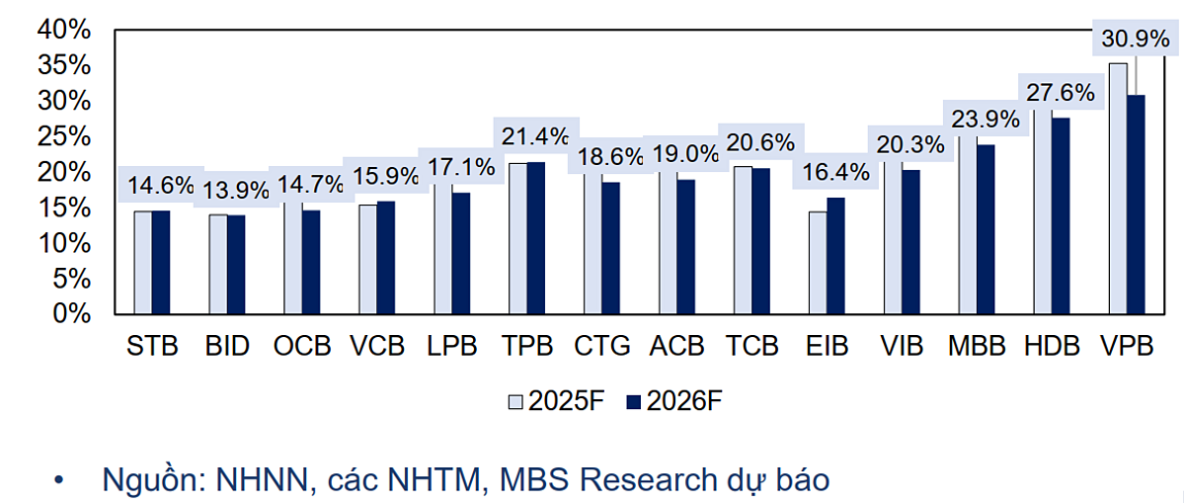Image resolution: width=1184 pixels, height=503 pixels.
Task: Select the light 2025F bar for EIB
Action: click(x=817, y=263)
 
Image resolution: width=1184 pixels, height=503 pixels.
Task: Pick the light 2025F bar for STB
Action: click(x=143, y=263)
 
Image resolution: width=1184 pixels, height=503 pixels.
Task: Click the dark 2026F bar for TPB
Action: click(x=537, y=238)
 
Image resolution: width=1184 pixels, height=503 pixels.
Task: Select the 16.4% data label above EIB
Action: click(x=836, y=172)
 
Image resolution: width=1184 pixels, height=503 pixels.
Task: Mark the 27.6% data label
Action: click(x=1059, y=93)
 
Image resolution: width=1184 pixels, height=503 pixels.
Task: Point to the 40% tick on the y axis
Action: click(x=63, y=30)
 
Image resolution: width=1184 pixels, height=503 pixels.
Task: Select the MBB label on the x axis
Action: click(x=977, y=347)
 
